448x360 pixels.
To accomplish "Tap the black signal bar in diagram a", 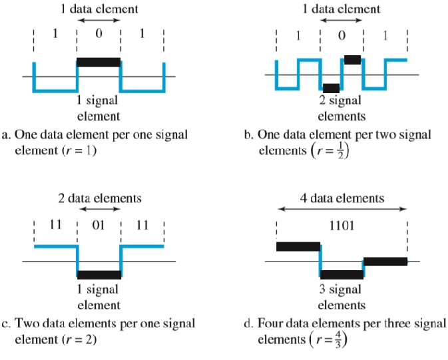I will (x=99, y=63).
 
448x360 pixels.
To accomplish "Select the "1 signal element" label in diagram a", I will (x=99, y=108).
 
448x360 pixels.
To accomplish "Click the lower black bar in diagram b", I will (x=331, y=88).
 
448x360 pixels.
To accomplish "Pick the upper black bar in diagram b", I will (x=353, y=59).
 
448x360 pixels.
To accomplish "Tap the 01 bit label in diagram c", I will (x=99, y=225).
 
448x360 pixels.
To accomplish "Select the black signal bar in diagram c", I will (x=99, y=274).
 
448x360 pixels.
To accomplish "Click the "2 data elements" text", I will (x=99, y=198).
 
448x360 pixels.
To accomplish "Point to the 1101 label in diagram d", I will (x=341, y=225).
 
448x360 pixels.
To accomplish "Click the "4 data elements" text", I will (x=342, y=198).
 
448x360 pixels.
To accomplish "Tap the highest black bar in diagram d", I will (x=298, y=247).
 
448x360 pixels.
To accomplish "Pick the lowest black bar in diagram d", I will (x=341, y=274).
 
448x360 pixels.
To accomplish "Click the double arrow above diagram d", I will (x=341, y=210).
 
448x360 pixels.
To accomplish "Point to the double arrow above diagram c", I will (x=99, y=210).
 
